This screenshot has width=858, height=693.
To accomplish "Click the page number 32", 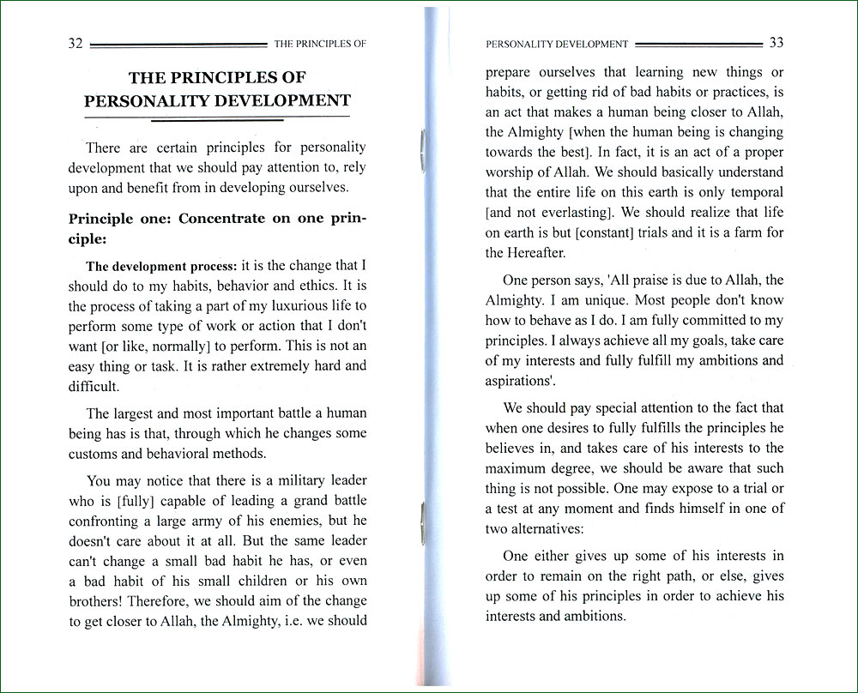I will (x=75, y=44).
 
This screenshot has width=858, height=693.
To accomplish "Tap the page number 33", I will (x=776, y=43).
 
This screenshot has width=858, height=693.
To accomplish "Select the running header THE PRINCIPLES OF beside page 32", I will (x=319, y=44).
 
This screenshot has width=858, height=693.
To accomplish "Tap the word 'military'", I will (x=281, y=481).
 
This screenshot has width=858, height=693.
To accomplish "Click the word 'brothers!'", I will (x=96, y=600).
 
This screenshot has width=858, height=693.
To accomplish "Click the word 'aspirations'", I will (x=516, y=380).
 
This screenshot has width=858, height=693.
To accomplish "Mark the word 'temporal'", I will (x=752, y=191).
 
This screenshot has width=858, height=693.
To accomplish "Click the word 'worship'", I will (x=512, y=172).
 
